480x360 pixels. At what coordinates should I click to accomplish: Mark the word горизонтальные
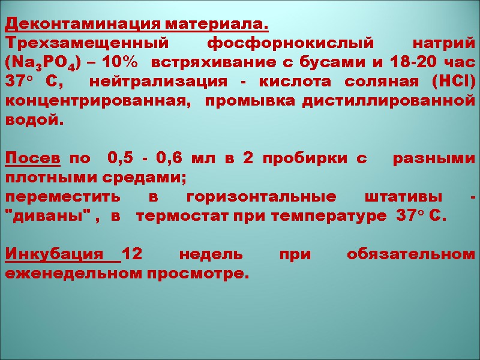pos(260,197)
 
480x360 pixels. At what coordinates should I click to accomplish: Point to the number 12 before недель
pos(135,254)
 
